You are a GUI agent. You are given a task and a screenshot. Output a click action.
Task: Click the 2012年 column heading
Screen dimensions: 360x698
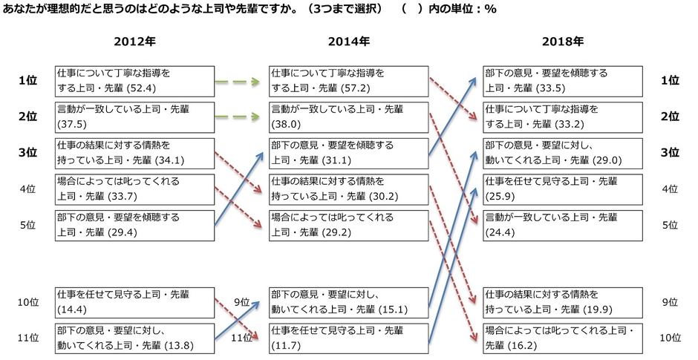click(x=135, y=42)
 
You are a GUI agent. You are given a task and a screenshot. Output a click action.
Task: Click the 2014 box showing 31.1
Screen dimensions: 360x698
click(x=348, y=152)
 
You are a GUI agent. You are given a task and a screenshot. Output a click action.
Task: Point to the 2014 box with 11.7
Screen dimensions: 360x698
click(x=348, y=337)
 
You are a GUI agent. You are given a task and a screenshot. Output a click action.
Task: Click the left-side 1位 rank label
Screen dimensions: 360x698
click(x=27, y=80)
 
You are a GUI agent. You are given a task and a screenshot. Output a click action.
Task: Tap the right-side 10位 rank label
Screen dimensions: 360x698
click(x=670, y=337)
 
